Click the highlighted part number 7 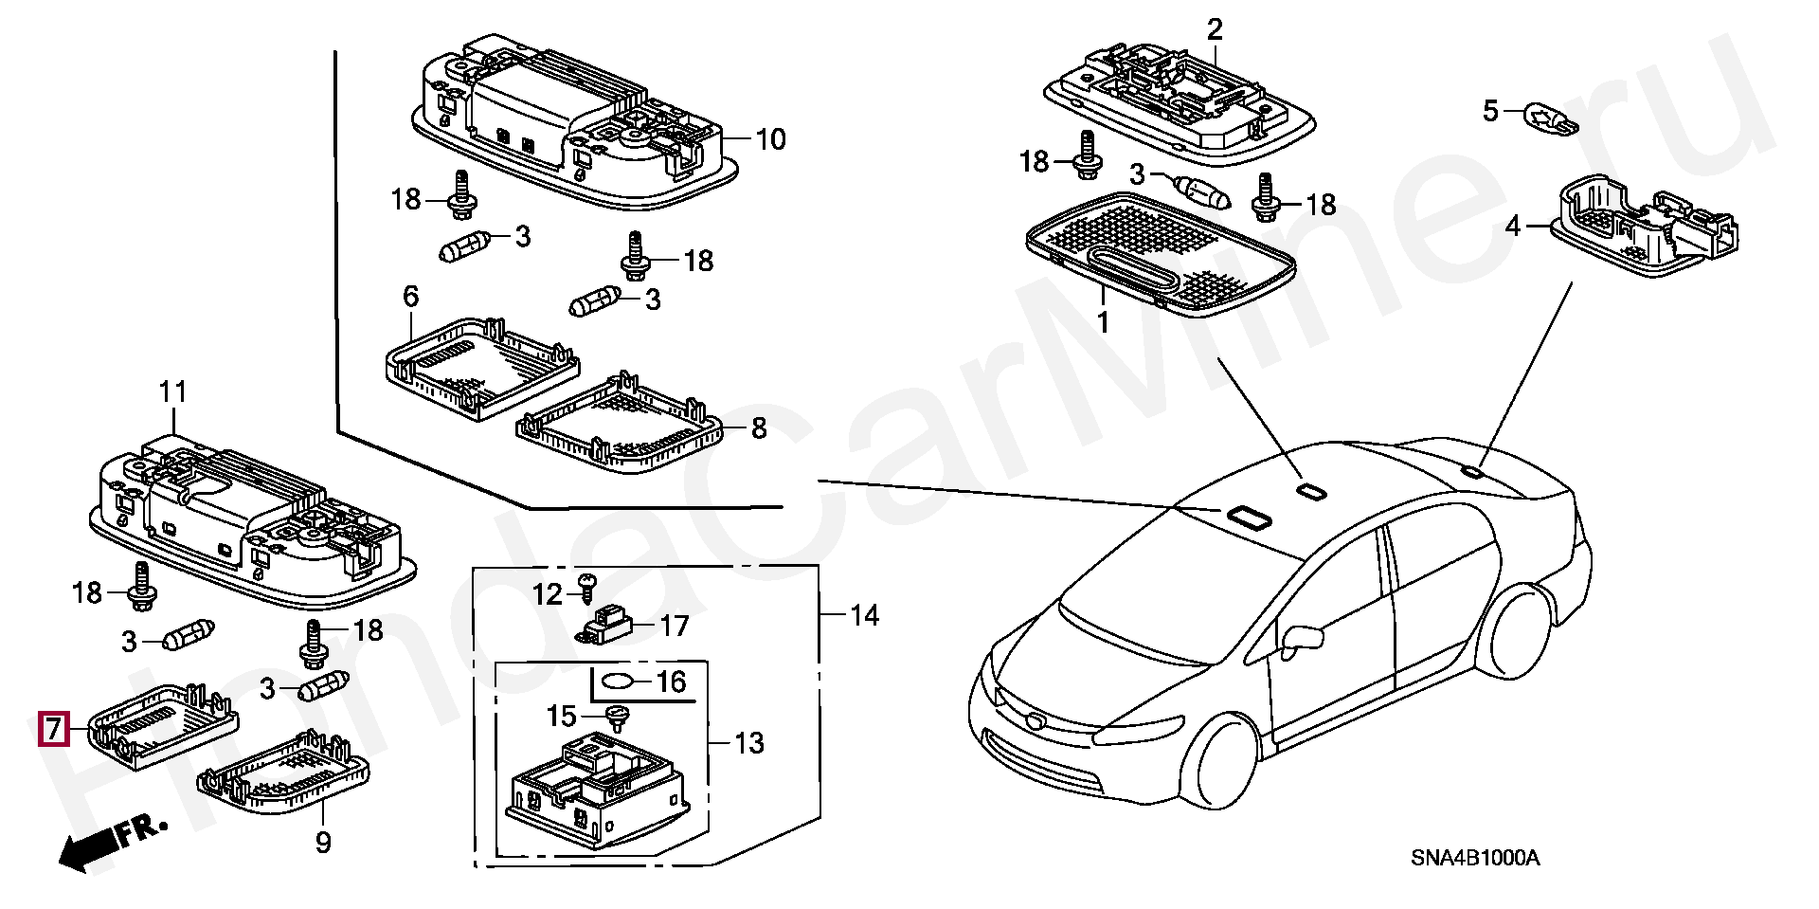click(x=52, y=729)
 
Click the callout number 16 click(x=671, y=682)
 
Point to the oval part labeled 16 click(x=620, y=681)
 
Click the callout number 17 click(x=675, y=626)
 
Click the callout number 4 click(x=1513, y=227)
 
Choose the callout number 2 click(x=1215, y=29)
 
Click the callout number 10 click(x=770, y=139)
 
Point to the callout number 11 click(x=173, y=391)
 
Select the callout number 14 click(x=864, y=615)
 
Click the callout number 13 click(x=748, y=742)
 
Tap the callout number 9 click(x=323, y=841)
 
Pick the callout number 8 click(x=759, y=428)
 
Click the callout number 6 click(x=410, y=297)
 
